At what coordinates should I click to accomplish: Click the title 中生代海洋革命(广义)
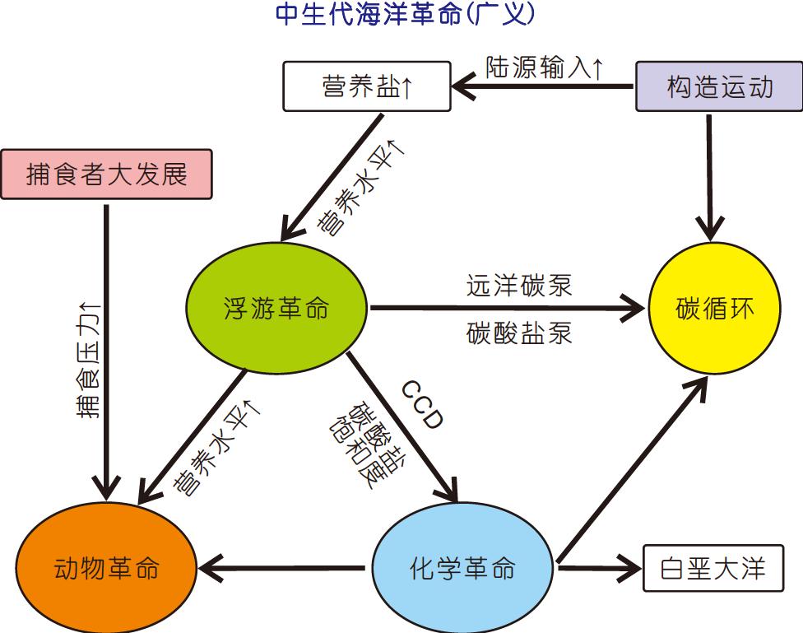point(405,16)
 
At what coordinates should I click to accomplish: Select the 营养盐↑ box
point(367,86)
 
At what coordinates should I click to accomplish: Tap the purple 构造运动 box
point(719,86)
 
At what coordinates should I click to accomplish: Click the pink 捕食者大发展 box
point(107,174)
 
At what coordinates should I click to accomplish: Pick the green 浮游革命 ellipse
point(276,309)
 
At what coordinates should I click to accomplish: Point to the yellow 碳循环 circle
point(714,309)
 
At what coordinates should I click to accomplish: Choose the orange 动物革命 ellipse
point(106,569)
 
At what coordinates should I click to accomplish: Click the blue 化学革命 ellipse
point(463,569)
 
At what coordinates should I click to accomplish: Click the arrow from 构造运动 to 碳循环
point(709,173)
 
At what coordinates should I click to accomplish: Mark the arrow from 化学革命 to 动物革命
point(284,567)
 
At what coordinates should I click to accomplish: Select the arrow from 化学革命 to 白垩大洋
point(598,567)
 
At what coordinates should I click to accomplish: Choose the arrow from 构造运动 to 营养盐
point(543,85)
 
